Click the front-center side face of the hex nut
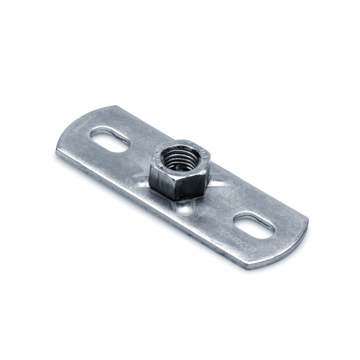point(188,186)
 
